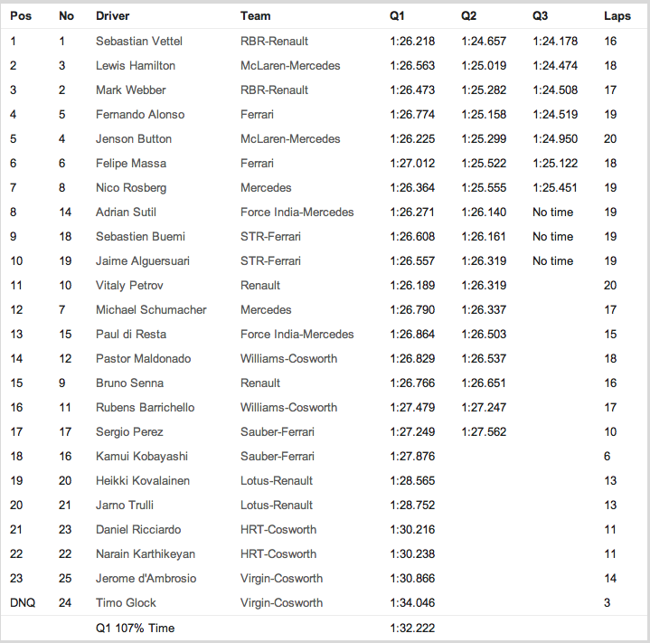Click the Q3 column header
(541, 16)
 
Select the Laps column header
(617, 16)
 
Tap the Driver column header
(112, 16)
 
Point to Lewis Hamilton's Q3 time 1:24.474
(554, 65)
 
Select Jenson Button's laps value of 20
(610, 138)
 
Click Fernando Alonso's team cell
(257, 114)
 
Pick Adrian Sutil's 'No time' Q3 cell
(552, 212)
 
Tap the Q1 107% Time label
(136, 628)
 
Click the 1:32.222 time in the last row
(412, 628)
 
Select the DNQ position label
(23, 602)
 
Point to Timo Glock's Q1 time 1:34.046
(412, 602)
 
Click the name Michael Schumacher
(151, 309)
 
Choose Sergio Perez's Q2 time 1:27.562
(484, 431)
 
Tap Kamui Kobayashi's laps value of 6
(608, 456)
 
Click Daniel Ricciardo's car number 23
(65, 529)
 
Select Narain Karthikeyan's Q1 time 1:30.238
(412, 553)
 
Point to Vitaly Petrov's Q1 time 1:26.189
(412, 285)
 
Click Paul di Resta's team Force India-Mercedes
(297, 334)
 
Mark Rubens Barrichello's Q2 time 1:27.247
(484, 407)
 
